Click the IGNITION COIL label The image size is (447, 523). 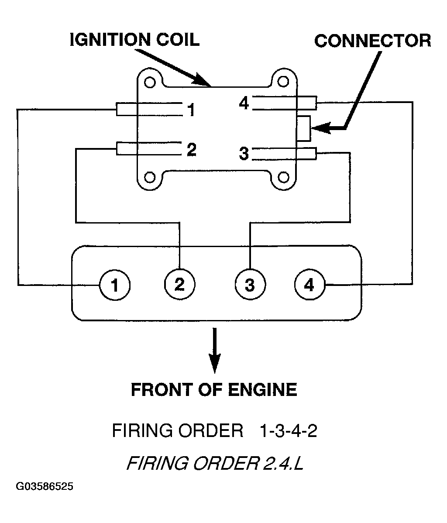pyautogui.click(x=135, y=40)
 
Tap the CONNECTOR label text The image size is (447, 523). pyautogui.click(x=373, y=41)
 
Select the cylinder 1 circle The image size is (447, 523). pyautogui.click(x=115, y=285)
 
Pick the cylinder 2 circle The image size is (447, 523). pyautogui.click(x=180, y=284)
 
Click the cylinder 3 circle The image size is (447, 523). pyautogui.click(x=250, y=285)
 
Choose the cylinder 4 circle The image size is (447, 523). pyautogui.click(x=309, y=285)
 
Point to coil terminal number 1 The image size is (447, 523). pyautogui.click(x=191, y=110)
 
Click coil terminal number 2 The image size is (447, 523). pyautogui.click(x=192, y=149)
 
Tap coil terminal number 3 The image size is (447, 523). pyautogui.click(x=244, y=154)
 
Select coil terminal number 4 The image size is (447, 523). pyautogui.click(x=244, y=103)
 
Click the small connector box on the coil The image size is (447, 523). pyautogui.click(x=303, y=128)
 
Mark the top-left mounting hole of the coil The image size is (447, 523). pyautogui.click(x=150, y=82)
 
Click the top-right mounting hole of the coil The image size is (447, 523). pyautogui.click(x=283, y=82)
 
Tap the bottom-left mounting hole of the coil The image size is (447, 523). pyautogui.click(x=150, y=177)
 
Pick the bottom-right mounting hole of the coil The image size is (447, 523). pyautogui.click(x=283, y=177)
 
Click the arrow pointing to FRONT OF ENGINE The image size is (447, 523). pyautogui.click(x=215, y=350)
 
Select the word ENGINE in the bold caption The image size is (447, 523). pyautogui.click(x=262, y=389)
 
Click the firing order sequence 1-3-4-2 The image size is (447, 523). pyautogui.click(x=288, y=430)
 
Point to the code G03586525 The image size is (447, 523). pyautogui.click(x=45, y=486)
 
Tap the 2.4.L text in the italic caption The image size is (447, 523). pyautogui.click(x=284, y=463)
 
